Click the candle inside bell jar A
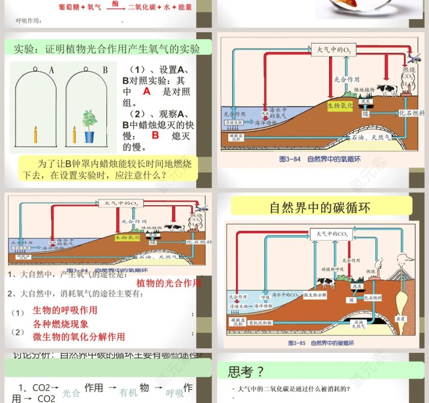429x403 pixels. (35, 135)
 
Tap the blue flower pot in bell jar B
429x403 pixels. (89, 137)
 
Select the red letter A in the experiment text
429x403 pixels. (147, 92)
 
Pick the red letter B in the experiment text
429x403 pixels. (156, 136)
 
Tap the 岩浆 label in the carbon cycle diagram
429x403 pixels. (402, 318)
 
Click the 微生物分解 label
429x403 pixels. (318, 296)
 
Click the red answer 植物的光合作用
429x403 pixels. (169, 283)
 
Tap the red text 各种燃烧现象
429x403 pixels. (61, 324)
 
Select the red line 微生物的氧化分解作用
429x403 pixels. (79, 336)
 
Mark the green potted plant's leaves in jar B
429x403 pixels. (90, 119)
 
